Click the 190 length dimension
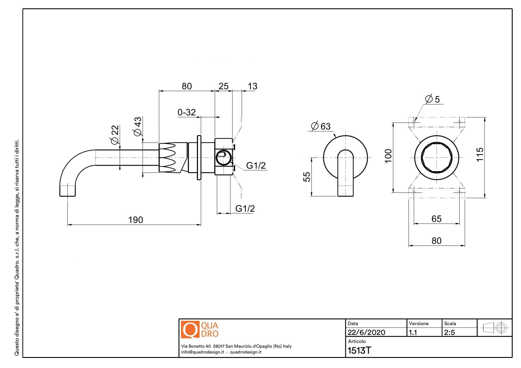135,220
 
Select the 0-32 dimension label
187,112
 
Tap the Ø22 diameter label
115,134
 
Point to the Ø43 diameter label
137,126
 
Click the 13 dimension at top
252,86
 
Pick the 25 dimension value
223,86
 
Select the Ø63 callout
321,126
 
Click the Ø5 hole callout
432,99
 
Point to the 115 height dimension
480,154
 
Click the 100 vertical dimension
388,156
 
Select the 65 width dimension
436,219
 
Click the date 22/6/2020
366,332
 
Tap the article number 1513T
359,350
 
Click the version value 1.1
413,332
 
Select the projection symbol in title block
494,328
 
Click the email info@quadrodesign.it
203,352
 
